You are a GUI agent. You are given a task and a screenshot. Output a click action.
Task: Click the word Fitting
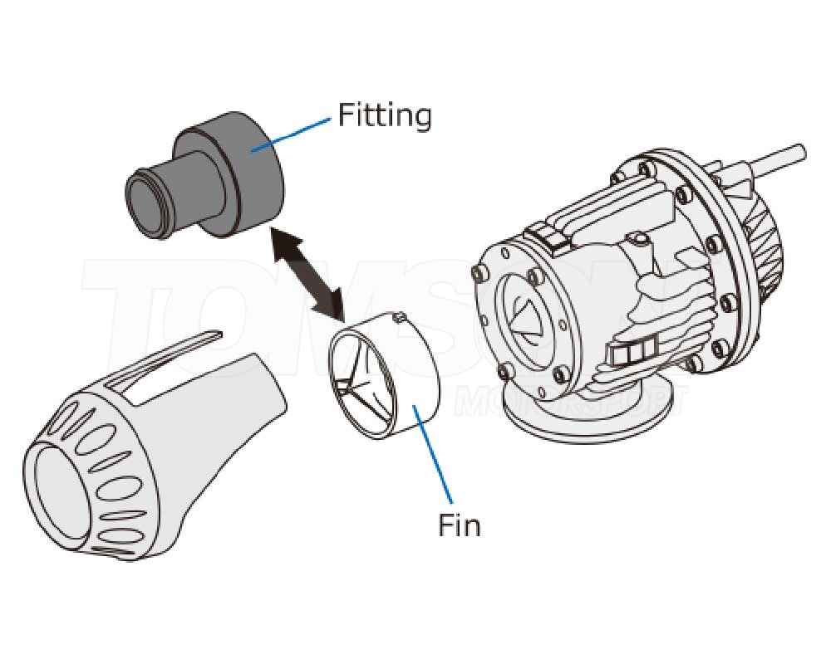[384, 115]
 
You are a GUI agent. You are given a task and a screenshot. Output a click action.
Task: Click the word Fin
[459, 525]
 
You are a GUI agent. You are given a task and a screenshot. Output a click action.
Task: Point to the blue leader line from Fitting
[292, 134]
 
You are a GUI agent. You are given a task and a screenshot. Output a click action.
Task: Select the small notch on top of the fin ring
[396, 316]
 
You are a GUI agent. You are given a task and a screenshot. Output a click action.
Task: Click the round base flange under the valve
[582, 423]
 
